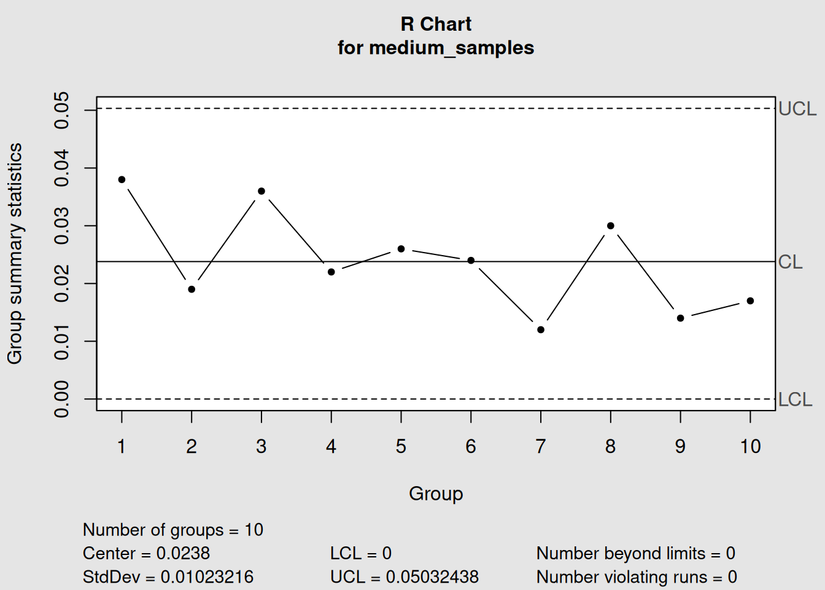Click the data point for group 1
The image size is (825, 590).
pos(122,179)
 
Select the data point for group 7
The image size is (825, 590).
pos(541,330)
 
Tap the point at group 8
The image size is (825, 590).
pos(611,226)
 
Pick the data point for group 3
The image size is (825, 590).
pos(261,191)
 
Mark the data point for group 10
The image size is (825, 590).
pos(750,301)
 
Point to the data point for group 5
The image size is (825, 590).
pos(401,249)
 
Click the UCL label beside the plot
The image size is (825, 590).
pos(797,109)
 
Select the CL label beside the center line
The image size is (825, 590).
pos(790,262)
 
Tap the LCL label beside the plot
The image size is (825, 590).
pos(795,399)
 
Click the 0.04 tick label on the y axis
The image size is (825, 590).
pos(62,168)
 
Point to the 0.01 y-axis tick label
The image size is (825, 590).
pos(62,341)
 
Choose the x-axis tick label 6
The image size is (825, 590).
pos(471,446)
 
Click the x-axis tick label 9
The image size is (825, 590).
pos(680,446)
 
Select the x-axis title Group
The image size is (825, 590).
pos(436,494)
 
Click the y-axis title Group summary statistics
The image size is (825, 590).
pos(15,253)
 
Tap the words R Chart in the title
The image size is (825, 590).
pos(436,24)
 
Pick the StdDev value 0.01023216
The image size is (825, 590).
pos(207,577)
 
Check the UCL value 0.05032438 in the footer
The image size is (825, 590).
pos(432,577)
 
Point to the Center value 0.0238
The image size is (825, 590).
pos(183,553)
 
